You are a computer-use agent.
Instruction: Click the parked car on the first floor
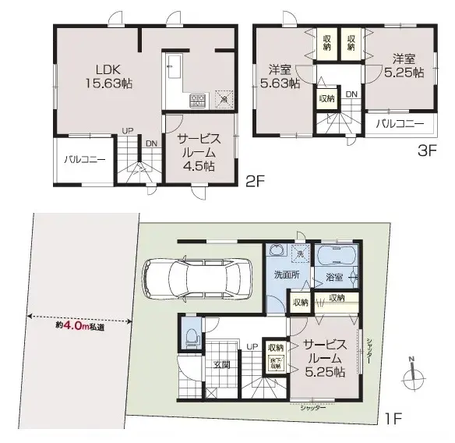tap(194, 276)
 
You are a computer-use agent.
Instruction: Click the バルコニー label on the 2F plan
tap(85, 161)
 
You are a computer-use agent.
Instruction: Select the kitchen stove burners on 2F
tap(197, 101)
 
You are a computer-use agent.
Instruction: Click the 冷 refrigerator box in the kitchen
tap(223, 99)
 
